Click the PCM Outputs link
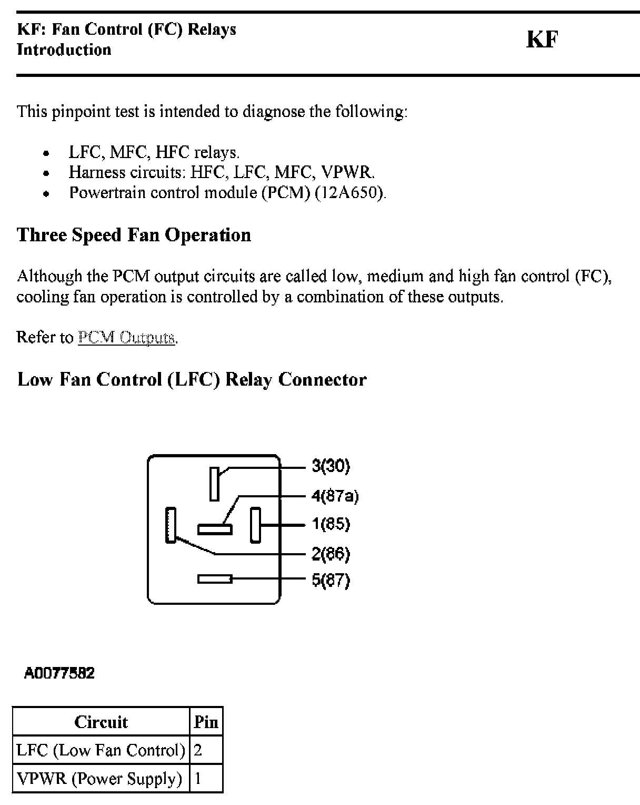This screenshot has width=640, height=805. [126, 337]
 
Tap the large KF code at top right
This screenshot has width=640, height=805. [542, 40]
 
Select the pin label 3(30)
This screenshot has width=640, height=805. [331, 466]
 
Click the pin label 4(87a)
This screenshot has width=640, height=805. [335, 496]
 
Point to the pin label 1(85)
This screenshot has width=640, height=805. [331, 524]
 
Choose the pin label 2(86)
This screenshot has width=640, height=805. [331, 554]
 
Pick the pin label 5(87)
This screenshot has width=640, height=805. [331, 580]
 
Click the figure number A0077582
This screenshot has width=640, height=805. [59, 673]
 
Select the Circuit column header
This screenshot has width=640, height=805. [101, 722]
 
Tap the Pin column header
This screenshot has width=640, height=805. [206, 722]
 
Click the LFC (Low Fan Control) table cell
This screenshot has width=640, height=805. [101, 750]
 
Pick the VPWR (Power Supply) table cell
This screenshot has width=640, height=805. [99, 779]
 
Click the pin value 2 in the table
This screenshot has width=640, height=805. [198, 750]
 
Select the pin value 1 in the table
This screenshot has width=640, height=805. [198, 779]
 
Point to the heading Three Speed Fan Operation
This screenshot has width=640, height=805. [134, 235]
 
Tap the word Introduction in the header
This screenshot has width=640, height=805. [64, 50]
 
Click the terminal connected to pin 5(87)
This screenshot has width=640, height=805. [215, 579]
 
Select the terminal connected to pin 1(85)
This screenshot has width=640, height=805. [255, 525]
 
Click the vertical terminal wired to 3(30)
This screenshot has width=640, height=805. [214, 484]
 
